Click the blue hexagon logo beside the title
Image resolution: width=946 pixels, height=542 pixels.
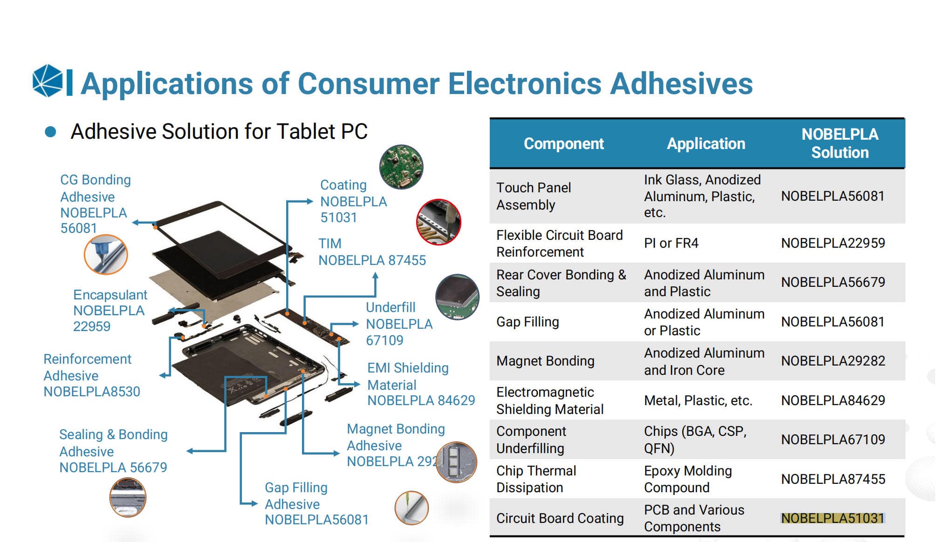[48, 81]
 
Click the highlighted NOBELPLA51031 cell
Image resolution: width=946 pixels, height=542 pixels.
[832, 518]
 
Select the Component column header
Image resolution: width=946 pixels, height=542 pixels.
[563, 144]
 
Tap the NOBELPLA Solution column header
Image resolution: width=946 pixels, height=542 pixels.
[840, 143]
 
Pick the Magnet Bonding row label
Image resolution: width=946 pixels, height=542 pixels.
[545, 361]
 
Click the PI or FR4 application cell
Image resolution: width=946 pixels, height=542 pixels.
[671, 243]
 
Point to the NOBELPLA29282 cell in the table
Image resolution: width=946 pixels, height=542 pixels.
[833, 361]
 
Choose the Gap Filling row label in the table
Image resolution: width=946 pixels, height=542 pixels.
[528, 322]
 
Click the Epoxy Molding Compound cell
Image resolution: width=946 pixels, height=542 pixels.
[687, 479]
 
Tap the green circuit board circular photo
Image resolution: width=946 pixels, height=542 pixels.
[401, 167]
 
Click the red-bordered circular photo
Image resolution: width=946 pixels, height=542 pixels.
[439, 222]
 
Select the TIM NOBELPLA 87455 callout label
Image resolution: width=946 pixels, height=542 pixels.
[372, 252]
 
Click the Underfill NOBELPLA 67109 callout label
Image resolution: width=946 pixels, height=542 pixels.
[399, 324]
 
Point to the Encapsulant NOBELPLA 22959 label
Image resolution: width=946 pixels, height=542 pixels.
[110, 311]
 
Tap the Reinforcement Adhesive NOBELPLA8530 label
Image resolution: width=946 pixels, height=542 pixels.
[91, 375]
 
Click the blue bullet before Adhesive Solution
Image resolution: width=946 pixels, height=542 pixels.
[50, 132]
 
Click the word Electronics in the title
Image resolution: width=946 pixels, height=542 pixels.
[525, 84]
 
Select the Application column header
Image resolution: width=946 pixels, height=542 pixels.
[706, 144]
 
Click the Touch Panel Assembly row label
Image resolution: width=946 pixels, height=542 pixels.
[533, 196]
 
